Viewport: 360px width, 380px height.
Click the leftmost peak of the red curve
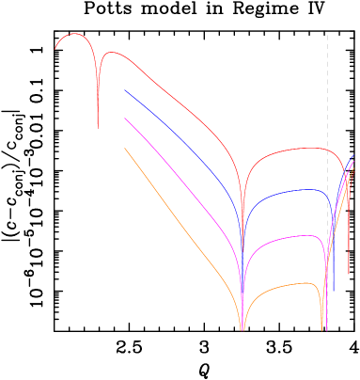75,34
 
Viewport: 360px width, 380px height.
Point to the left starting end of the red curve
55,49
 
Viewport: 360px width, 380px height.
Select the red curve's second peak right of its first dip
108,53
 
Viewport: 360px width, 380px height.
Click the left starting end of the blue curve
124,90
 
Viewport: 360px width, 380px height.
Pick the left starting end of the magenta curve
124,119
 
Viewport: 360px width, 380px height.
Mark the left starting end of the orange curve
124,148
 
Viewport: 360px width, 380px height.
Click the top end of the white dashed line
327,36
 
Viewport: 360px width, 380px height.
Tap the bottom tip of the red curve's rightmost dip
349,273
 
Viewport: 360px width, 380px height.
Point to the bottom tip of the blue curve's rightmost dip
334,291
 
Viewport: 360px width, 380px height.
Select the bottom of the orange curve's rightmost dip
323,329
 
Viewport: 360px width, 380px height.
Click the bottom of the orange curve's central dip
243,329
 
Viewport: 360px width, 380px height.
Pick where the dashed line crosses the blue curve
327,199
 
